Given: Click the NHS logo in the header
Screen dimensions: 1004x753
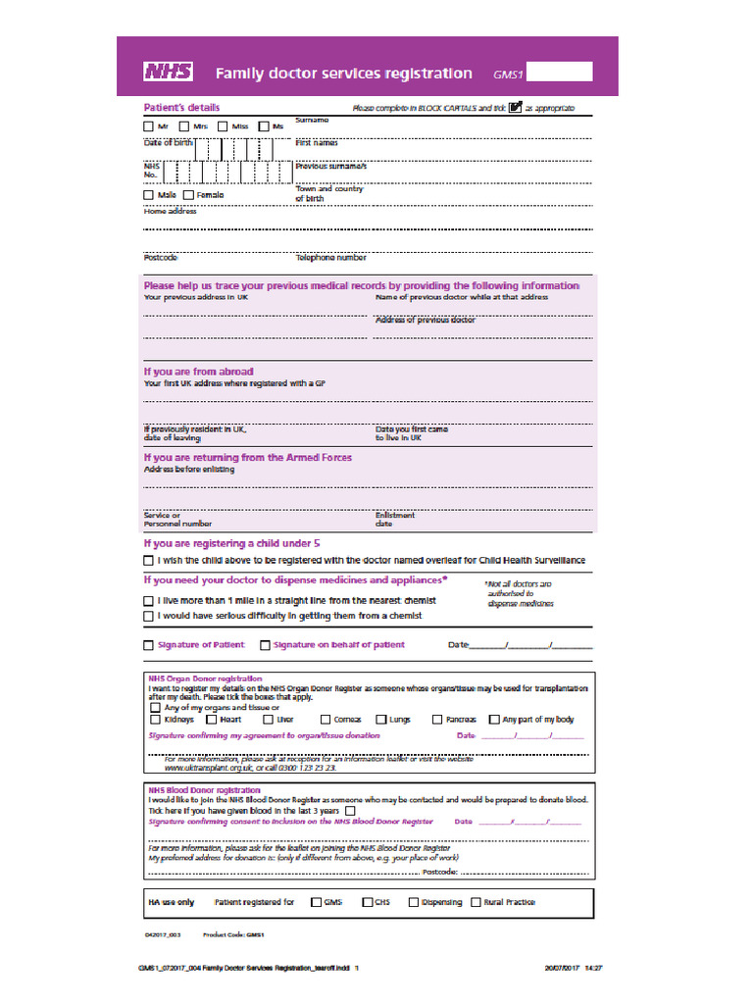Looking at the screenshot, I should (x=169, y=72).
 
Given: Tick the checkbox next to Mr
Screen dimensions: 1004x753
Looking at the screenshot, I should (x=149, y=126).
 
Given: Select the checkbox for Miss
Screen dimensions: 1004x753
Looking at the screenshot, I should (x=224, y=126).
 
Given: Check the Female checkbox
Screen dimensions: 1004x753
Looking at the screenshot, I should (x=188, y=195).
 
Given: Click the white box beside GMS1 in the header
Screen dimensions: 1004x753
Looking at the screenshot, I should (x=565, y=72).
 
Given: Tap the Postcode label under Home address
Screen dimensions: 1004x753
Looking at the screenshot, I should (x=161, y=258).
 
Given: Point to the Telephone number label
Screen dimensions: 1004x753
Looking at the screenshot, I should (x=331, y=258).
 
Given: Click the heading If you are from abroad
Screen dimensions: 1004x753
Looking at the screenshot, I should (x=199, y=372).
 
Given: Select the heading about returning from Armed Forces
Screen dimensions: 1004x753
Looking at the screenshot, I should (x=248, y=457).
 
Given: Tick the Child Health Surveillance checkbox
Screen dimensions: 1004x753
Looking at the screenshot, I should (x=149, y=560).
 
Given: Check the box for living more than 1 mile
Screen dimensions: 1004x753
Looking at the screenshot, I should (x=149, y=600).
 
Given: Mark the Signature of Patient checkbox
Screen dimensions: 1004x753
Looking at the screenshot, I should (x=149, y=645).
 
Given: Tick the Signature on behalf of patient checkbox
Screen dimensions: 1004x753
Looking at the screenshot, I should (x=265, y=645).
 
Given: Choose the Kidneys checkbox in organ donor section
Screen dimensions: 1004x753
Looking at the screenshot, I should (x=155, y=720).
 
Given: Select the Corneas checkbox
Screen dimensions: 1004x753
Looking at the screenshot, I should (x=326, y=720).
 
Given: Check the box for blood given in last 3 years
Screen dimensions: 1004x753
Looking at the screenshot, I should (x=350, y=811).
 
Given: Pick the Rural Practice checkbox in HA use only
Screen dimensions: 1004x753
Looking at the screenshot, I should (x=476, y=902).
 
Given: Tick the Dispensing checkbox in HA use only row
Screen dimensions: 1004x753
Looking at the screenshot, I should (x=413, y=902).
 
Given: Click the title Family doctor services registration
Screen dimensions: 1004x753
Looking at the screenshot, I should (x=343, y=73).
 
